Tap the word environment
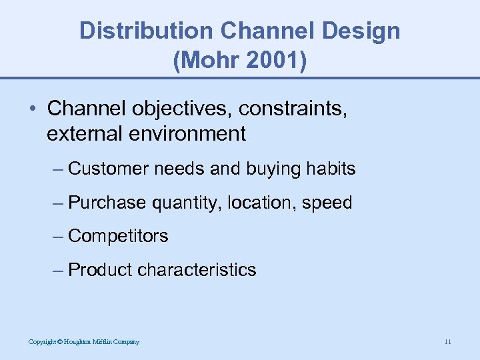click(x=189, y=134)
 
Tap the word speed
click(x=327, y=203)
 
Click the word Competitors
click(x=118, y=236)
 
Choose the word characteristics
click(x=197, y=270)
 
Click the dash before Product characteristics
click(x=58, y=270)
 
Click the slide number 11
click(x=447, y=342)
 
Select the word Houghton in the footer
click(x=77, y=342)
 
